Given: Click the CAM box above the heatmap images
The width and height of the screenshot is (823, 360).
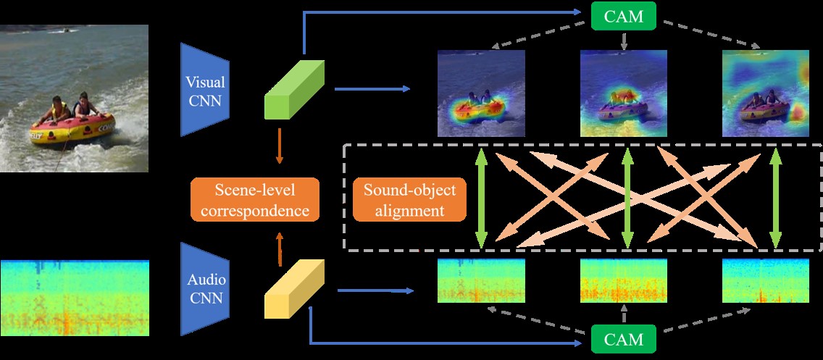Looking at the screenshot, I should pos(624,15).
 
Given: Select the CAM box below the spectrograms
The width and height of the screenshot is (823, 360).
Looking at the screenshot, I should pos(624,338).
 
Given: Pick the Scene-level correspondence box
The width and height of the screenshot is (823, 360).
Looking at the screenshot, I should pos(254,200).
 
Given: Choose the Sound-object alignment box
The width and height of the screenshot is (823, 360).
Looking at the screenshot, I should pos(409,200).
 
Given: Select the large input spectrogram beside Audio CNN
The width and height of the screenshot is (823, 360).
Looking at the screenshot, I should pos(75,297).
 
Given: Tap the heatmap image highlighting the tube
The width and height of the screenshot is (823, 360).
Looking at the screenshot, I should pos(481,93).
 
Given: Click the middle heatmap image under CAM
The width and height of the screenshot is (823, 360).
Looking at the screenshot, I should pos(624,93).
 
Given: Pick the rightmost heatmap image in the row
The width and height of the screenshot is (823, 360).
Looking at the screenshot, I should pos(766,93).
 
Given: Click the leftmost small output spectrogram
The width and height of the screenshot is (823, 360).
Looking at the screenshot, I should pos(481,280).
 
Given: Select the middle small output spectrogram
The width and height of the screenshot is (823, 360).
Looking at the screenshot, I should pos(624,280).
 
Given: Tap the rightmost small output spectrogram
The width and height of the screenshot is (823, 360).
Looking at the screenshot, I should pos(766,280).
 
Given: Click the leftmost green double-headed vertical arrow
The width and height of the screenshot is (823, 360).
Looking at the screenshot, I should pos(480,198).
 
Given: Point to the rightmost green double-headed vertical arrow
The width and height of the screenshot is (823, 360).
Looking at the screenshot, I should pos(776,198).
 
